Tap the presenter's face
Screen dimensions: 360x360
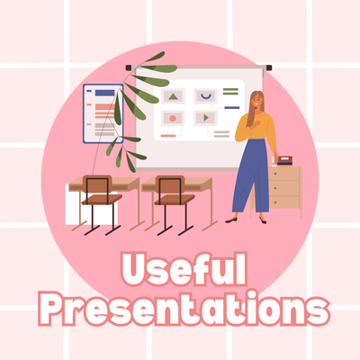point(256,103)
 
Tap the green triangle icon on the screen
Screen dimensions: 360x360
point(173,96)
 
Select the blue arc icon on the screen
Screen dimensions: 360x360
point(207,95)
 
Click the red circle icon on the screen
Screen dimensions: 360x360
point(172,118)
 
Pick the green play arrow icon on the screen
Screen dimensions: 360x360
point(207,117)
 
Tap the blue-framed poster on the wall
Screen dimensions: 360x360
point(102,113)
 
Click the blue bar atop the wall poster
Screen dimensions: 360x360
point(105,92)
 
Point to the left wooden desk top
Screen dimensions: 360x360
point(102,183)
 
